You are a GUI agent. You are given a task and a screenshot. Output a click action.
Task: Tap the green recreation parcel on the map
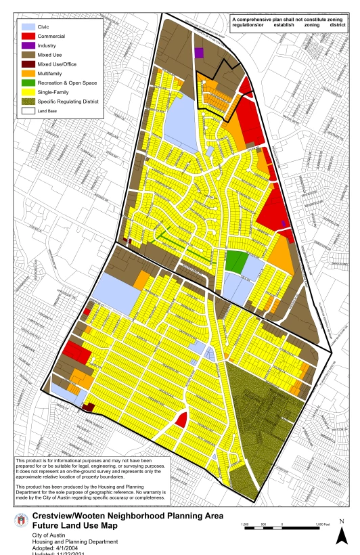[235, 261]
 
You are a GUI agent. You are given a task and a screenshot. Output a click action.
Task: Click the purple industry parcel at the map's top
[199, 53]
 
